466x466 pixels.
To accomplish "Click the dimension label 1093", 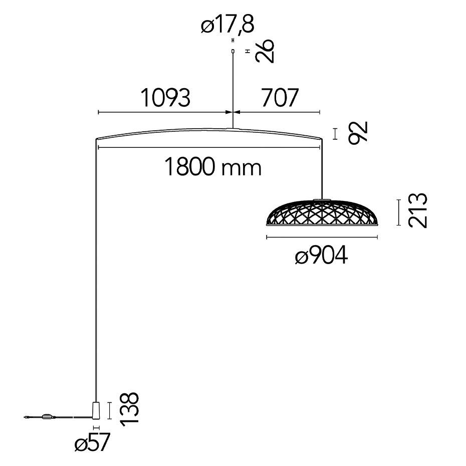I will pos(165,98).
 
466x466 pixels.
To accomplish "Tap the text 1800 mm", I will pos(213,167).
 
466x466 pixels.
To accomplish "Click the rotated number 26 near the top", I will pos(265,51).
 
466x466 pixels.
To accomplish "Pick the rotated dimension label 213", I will pos(417,211).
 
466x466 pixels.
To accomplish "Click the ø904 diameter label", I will pos(321,257).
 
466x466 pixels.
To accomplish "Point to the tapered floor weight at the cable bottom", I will pos(96,409).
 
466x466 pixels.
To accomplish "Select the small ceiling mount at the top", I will pos(232,51).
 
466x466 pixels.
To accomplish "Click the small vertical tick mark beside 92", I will pos(336,133).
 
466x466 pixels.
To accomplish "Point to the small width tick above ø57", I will pos(96,428).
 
